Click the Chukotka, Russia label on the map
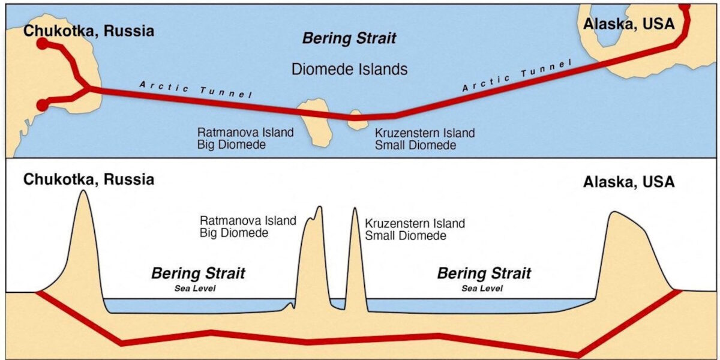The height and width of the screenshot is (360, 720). coord(89,31)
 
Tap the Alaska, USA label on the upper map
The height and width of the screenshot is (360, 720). coord(629,24)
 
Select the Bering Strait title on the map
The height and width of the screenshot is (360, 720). coord(349,38)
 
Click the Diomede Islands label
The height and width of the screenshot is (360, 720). coord(349,69)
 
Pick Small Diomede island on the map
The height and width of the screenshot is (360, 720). coord(357,119)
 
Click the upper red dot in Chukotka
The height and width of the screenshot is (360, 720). coord(43,44)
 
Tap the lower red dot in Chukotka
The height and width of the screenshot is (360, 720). coord(43,105)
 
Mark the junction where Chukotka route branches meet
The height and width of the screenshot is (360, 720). coord(88,88)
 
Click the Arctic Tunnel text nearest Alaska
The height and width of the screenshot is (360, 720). coord(517,75)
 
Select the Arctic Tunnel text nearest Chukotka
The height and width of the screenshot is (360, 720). coord(196,89)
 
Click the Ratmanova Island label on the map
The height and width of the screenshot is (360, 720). coord(245,133)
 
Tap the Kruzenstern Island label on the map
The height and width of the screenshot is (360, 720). coord(425,133)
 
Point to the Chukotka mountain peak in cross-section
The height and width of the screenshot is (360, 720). coord(83,191)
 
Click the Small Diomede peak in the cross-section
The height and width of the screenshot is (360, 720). coord(355,208)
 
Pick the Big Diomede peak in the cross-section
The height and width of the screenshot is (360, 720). coord(319,206)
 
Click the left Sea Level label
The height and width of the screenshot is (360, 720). coord(195,289)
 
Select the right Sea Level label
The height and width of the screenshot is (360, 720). coord(482,289)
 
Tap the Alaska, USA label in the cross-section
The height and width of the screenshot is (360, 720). coord(629,182)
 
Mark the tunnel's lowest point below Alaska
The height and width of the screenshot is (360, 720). coord(578,355)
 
